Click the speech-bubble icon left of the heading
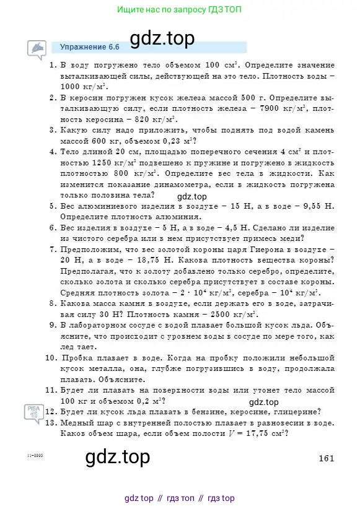pos(37,48)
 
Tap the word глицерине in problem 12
pos(298,412)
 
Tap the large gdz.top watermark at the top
pos(161,38)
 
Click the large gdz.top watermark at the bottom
pos(117,458)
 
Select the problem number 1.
pos(53,64)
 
